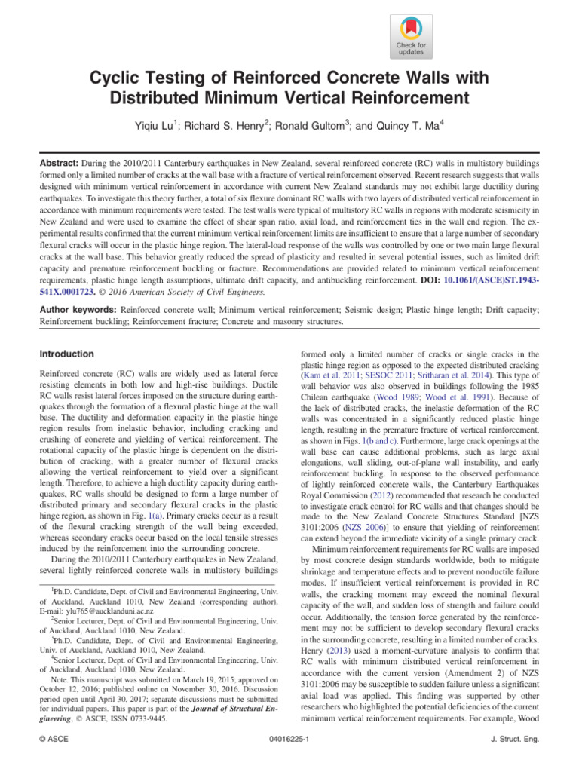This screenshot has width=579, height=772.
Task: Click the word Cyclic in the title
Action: (115, 78)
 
